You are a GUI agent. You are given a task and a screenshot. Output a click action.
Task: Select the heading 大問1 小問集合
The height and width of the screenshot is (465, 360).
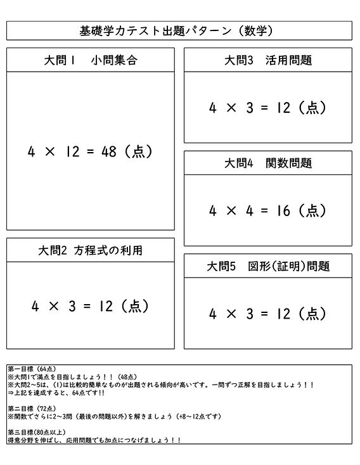tap(91, 61)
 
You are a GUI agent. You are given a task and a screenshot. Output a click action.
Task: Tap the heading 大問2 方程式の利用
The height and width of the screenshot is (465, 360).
tap(91, 250)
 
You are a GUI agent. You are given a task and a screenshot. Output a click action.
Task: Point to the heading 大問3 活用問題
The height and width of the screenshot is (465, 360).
tap(268, 61)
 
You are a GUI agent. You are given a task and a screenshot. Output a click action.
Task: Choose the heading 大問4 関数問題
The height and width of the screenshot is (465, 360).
tap(268, 163)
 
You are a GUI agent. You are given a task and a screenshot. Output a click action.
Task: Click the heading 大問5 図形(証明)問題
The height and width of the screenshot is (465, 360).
tap(268, 266)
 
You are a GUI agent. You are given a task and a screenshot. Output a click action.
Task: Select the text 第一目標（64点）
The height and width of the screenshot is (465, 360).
tap(32, 369)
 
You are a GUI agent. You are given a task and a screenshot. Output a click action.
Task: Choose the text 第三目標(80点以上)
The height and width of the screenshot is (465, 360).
tap(35, 432)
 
